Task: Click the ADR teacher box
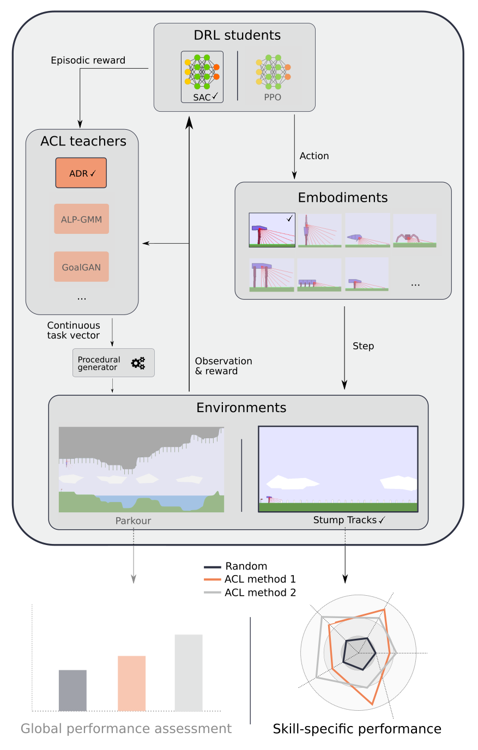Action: (81, 173)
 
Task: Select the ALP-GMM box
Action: (81, 219)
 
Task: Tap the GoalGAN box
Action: (81, 267)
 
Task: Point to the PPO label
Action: (273, 98)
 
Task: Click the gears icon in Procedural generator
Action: (138, 363)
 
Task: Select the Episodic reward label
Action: (88, 61)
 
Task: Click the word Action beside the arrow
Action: (314, 156)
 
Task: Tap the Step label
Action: (363, 346)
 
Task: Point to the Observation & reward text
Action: (223, 366)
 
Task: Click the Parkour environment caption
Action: (133, 521)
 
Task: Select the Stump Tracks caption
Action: (344, 520)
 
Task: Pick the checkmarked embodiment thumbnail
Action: (272, 230)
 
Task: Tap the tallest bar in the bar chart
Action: (189, 673)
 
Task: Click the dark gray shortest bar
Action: (72, 690)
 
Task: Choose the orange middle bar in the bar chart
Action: (131, 683)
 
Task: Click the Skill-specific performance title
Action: (357, 729)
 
